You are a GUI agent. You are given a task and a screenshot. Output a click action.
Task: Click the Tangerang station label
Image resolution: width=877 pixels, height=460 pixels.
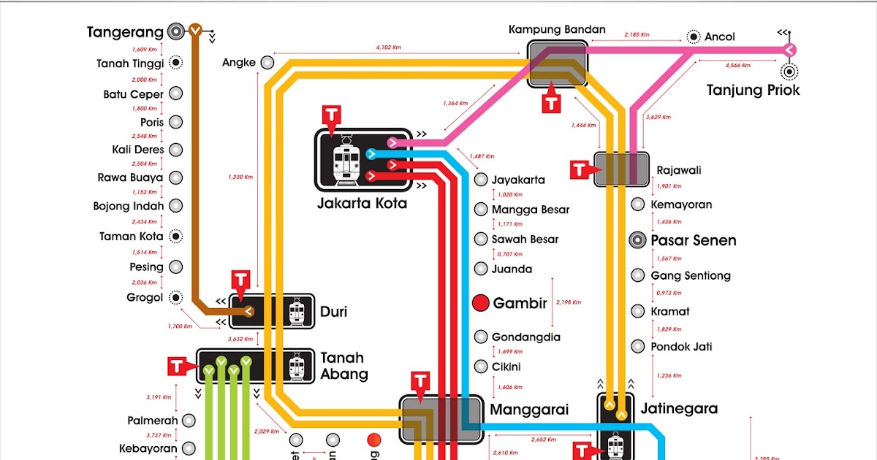(124, 32)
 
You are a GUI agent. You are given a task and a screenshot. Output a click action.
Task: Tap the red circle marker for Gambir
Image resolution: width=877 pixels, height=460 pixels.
(480, 303)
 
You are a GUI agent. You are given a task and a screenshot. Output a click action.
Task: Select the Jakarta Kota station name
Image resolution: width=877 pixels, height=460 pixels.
(362, 204)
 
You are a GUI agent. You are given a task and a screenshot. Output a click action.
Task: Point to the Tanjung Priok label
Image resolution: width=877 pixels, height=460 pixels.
(753, 90)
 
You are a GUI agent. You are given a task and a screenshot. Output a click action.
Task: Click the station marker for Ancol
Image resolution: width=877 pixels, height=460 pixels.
(694, 37)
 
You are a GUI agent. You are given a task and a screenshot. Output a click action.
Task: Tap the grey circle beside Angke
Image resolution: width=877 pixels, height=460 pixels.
(267, 63)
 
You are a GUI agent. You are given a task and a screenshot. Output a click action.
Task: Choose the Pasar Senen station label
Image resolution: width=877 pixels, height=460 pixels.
(693, 240)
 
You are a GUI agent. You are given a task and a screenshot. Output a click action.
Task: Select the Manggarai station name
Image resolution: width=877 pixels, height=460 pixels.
(528, 409)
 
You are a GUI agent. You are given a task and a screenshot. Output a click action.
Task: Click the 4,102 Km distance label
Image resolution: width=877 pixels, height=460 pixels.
(388, 47)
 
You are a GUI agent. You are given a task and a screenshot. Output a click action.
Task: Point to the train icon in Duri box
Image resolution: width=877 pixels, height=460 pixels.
(296, 313)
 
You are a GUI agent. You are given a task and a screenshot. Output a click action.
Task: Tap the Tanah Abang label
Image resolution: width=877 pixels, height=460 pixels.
(343, 366)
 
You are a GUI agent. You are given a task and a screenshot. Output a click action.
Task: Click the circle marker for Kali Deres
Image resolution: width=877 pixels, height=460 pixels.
(175, 150)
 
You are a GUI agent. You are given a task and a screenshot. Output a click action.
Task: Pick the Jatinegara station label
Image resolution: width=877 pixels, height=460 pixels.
(679, 408)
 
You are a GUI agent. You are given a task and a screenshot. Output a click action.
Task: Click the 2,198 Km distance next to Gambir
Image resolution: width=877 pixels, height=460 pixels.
(569, 302)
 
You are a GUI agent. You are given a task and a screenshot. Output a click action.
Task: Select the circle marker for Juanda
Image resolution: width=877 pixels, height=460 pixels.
(480, 269)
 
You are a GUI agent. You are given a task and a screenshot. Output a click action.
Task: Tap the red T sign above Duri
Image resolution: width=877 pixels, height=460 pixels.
(241, 280)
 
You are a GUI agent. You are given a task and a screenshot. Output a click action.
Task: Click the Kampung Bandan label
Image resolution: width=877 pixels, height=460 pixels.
(557, 29)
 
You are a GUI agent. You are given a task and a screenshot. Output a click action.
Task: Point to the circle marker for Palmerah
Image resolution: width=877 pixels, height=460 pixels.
(189, 421)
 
